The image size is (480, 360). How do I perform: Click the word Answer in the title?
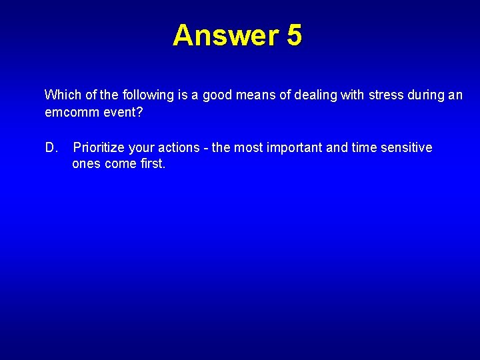pos(226,35)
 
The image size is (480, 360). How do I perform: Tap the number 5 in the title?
pos(295,35)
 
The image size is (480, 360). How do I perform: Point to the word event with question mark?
pos(123,112)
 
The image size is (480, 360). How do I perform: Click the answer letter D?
pos(51,147)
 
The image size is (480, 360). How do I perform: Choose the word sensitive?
pos(406,147)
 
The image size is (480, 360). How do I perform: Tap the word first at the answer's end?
pos(151,164)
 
